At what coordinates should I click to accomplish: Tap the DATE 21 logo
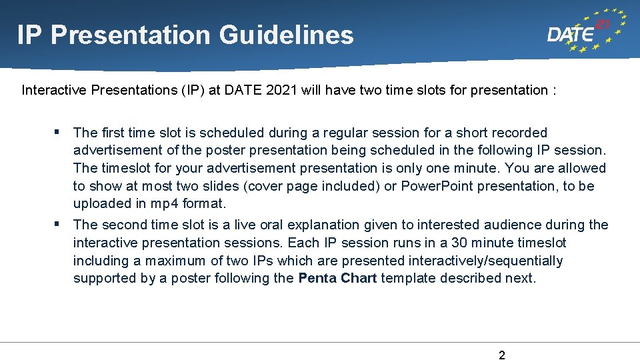click(x=585, y=31)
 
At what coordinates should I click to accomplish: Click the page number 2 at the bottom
click(x=502, y=355)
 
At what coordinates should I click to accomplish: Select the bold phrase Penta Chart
click(x=337, y=278)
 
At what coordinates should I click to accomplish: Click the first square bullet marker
click(x=59, y=132)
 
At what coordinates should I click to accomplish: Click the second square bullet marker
click(x=59, y=224)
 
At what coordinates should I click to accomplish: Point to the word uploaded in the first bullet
click(x=103, y=204)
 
